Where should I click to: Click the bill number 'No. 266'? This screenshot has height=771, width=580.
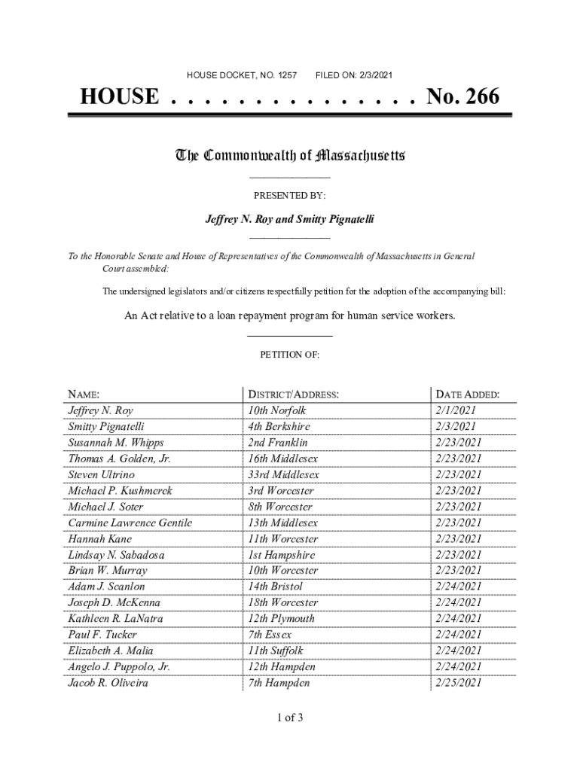click(462, 97)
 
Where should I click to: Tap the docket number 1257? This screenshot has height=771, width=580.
click(288, 75)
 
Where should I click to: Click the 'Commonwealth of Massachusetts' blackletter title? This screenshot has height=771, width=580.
click(290, 156)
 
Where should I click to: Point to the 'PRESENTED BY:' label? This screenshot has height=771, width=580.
click(289, 196)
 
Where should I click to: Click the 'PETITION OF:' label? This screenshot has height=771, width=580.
click(290, 354)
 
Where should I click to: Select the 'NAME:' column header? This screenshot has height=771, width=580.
click(84, 395)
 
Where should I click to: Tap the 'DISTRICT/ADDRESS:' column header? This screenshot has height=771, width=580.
click(293, 395)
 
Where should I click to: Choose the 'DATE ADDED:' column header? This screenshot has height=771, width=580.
click(467, 395)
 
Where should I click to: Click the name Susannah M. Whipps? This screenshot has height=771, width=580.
click(115, 443)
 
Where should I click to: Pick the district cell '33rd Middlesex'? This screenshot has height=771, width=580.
click(283, 475)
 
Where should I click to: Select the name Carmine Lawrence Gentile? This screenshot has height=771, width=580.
click(130, 523)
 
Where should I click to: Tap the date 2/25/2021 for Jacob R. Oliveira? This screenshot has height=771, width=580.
click(458, 683)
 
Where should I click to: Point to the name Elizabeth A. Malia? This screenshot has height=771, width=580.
click(111, 651)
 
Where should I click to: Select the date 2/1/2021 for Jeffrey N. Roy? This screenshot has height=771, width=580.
click(455, 411)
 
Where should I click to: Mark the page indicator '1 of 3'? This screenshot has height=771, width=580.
click(289, 718)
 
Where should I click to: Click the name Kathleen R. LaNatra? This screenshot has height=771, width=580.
click(115, 619)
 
